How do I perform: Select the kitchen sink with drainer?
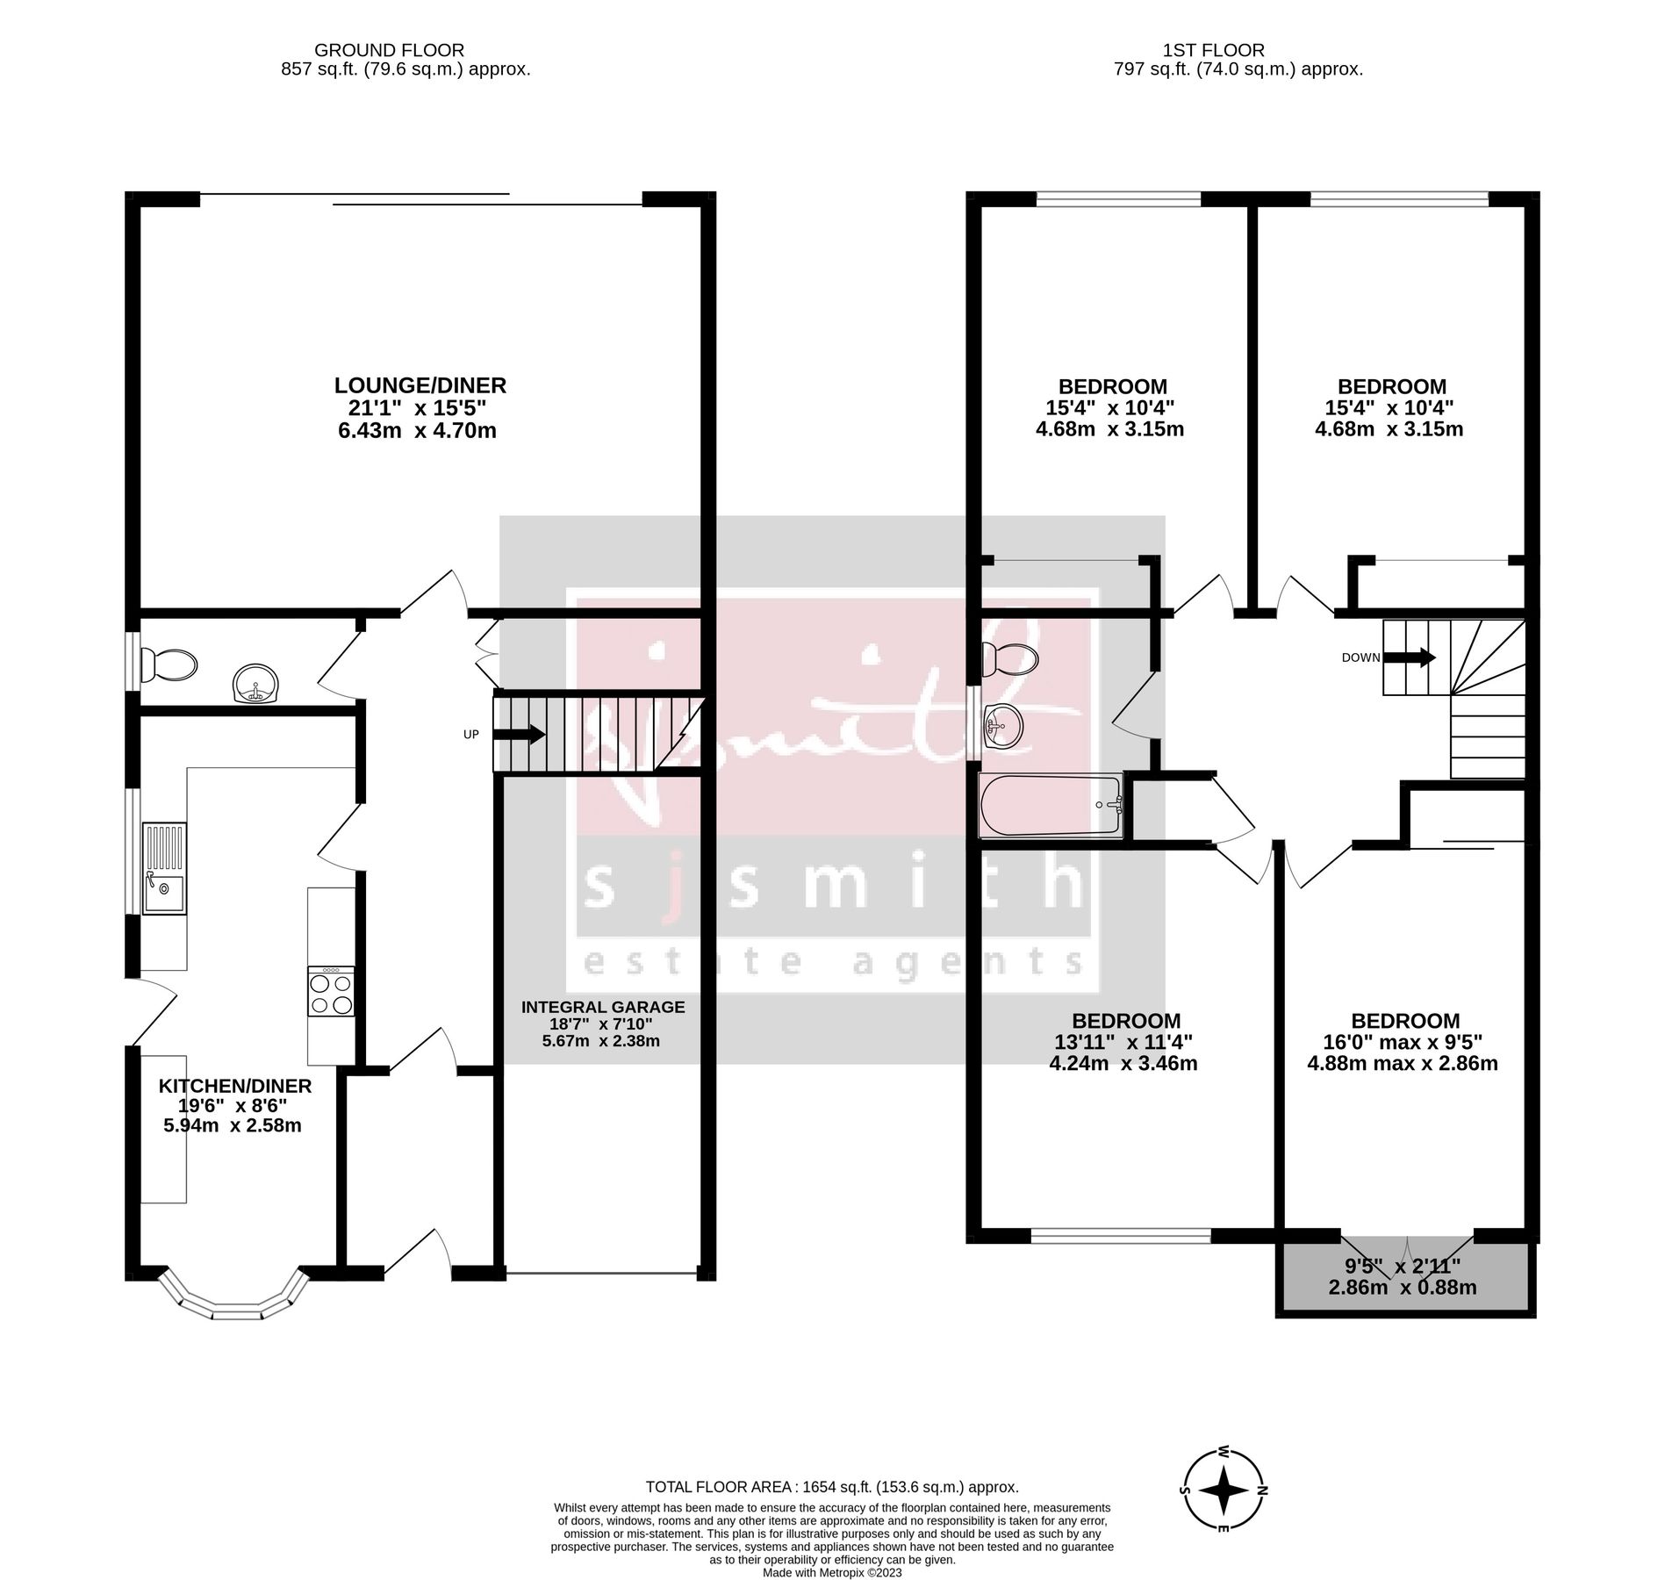[x=164, y=868]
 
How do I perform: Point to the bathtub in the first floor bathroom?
[x=1051, y=805]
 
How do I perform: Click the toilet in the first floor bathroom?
[x=1009, y=659]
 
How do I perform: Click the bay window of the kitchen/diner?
[x=235, y=1305]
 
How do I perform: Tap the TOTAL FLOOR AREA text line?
[x=831, y=1487]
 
